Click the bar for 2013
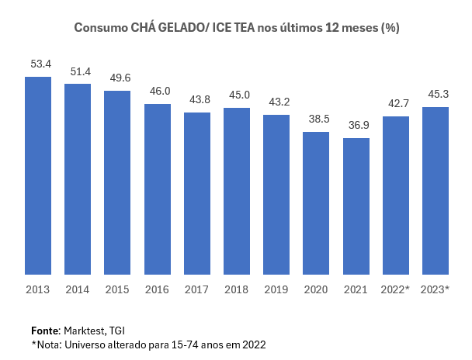point(38,175)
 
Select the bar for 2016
point(158,189)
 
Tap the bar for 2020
point(316,203)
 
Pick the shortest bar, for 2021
point(356,206)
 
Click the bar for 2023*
point(436,191)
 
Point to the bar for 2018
point(237,191)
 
